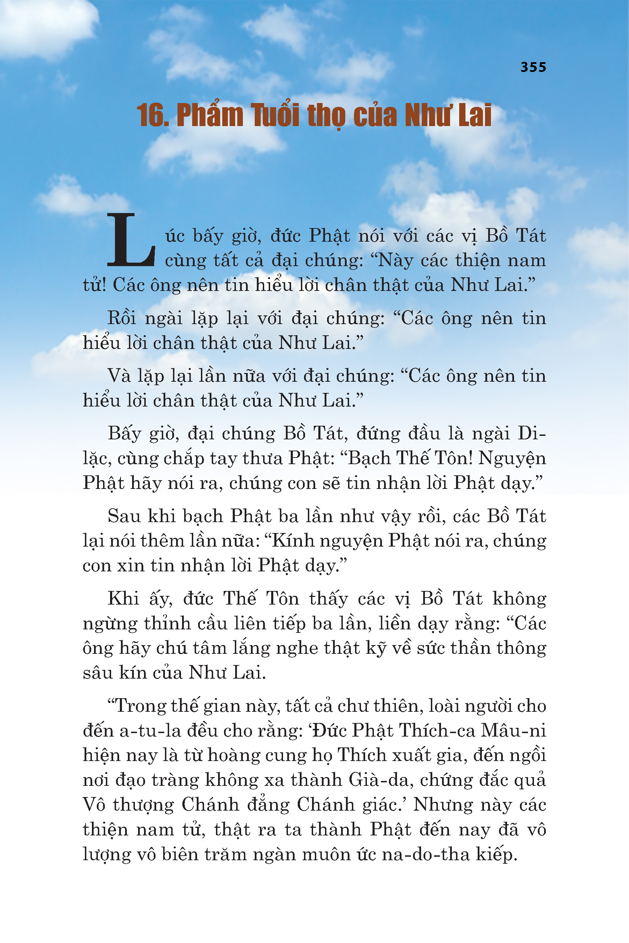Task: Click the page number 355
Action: [533, 67]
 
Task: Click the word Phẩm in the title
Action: [210, 116]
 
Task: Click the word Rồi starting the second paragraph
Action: [122, 318]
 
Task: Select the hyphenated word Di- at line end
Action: [531, 433]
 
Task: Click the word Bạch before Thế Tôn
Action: [369, 458]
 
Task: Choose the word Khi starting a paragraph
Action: [123, 599]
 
